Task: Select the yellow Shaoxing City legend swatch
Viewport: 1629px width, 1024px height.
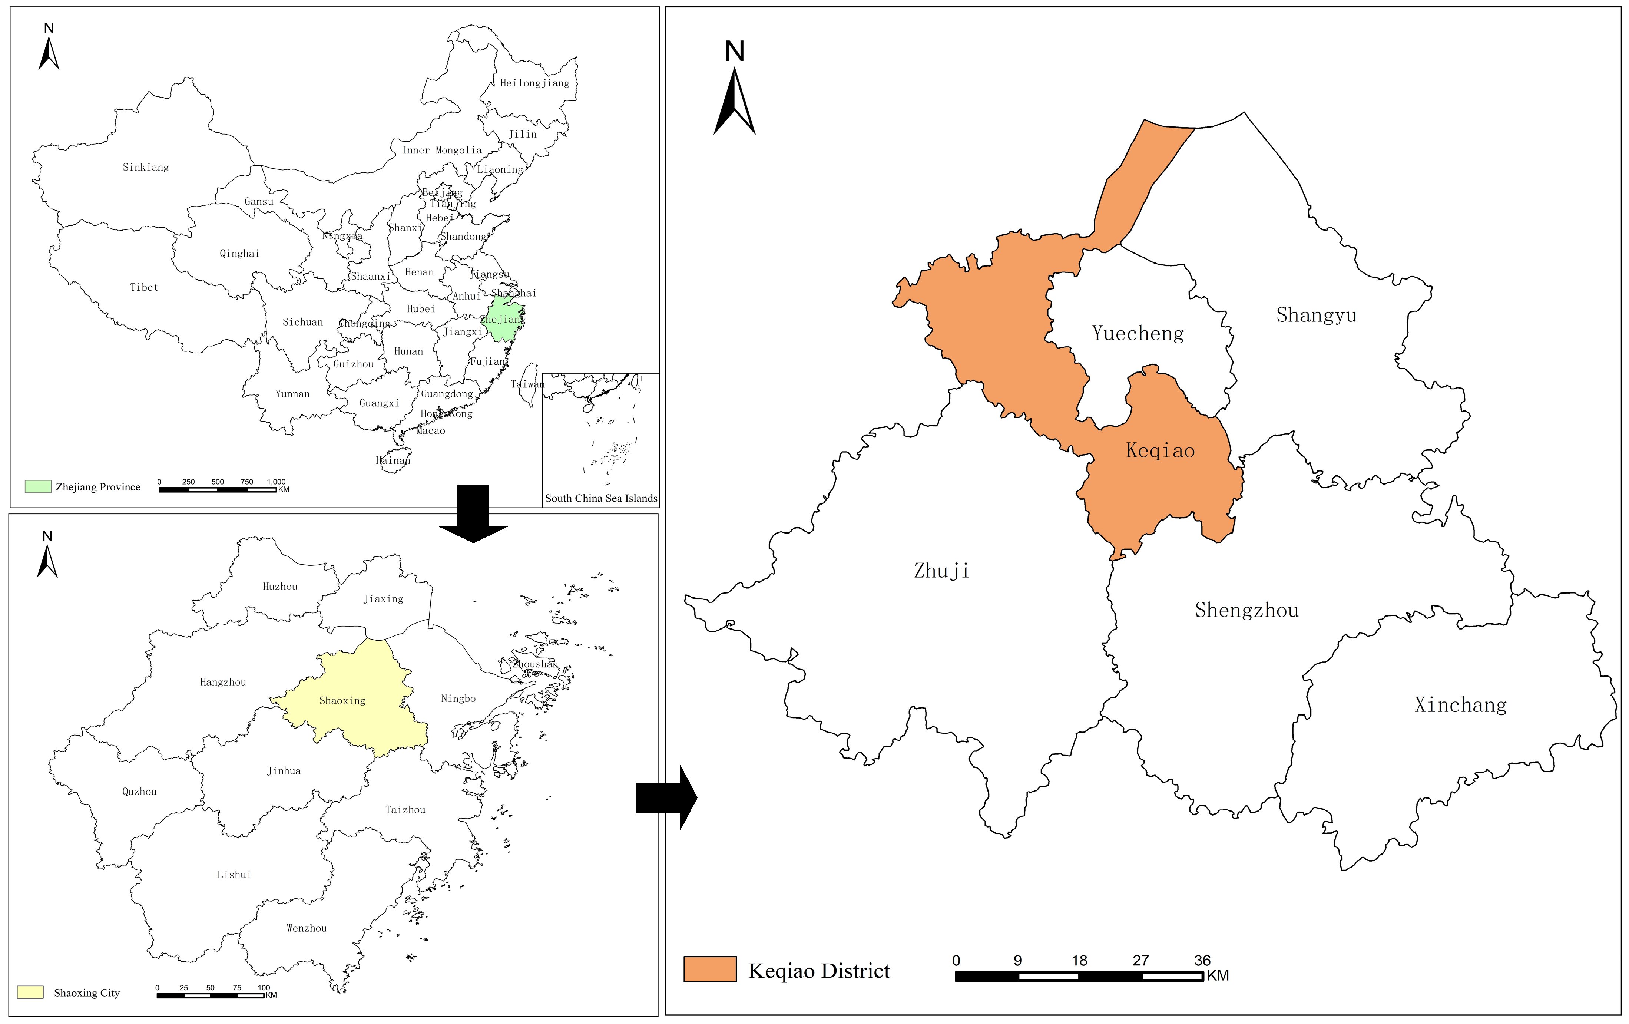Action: (x=30, y=992)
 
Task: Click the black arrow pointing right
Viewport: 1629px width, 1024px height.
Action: (x=666, y=797)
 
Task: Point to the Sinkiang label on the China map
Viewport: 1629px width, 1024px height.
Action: (x=145, y=167)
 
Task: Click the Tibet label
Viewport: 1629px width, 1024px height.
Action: (x=143, y=287)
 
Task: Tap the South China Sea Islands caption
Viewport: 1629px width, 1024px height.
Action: (x=601, y=498)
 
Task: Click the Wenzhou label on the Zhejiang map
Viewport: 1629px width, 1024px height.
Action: (x=307, y=928)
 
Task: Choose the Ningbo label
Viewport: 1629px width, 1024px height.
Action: (x=458, y=698)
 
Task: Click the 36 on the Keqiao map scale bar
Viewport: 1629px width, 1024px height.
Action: (x=1202, y=960)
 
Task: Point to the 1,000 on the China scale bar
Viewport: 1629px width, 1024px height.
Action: (x=276, y=482)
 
